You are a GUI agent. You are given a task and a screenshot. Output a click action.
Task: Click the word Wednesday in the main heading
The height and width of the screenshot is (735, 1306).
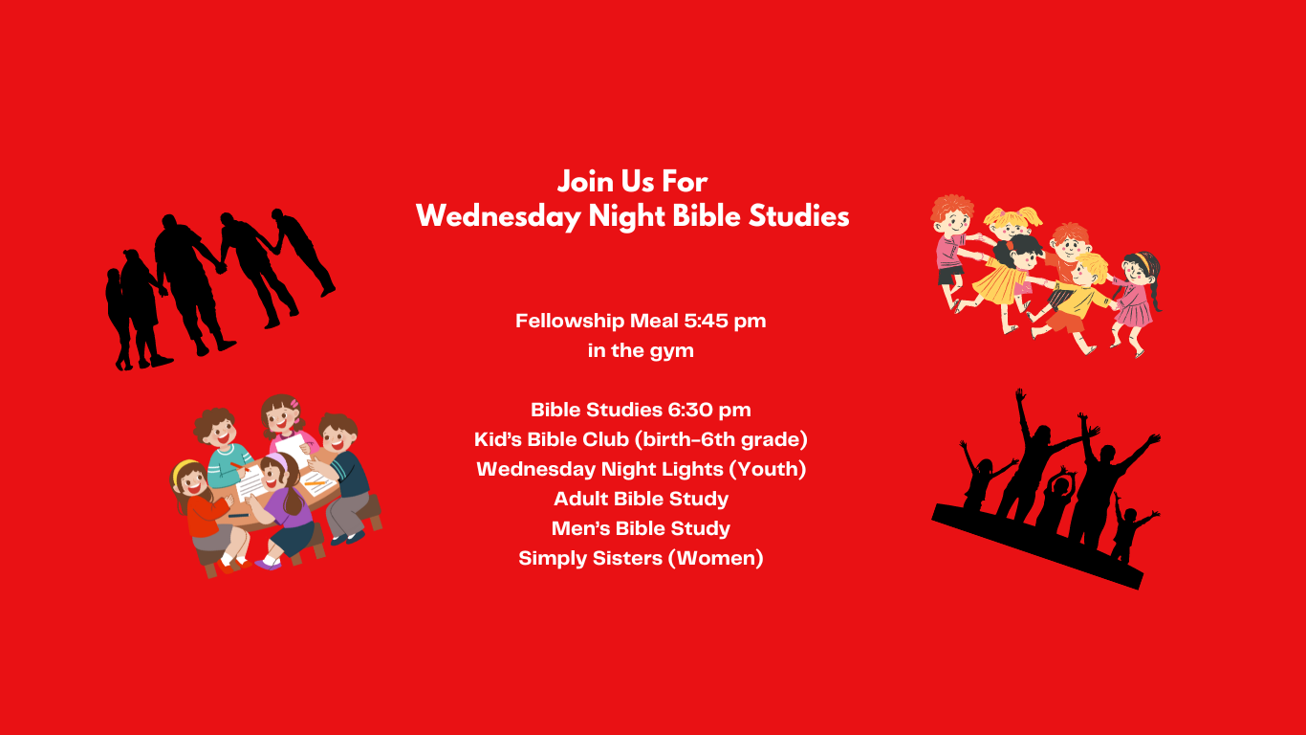click(498, 216)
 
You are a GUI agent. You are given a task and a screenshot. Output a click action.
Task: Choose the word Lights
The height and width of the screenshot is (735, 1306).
click(689, 469)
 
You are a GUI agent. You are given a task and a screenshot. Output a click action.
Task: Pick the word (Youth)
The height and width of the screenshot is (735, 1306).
click(768, 469)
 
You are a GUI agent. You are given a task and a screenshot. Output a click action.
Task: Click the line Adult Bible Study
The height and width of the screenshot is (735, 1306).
click(641, 499)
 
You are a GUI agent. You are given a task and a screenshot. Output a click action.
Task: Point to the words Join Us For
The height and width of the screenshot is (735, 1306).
click(633, 182)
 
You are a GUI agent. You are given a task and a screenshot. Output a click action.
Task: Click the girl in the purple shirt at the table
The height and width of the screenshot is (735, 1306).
click(283, 511)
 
